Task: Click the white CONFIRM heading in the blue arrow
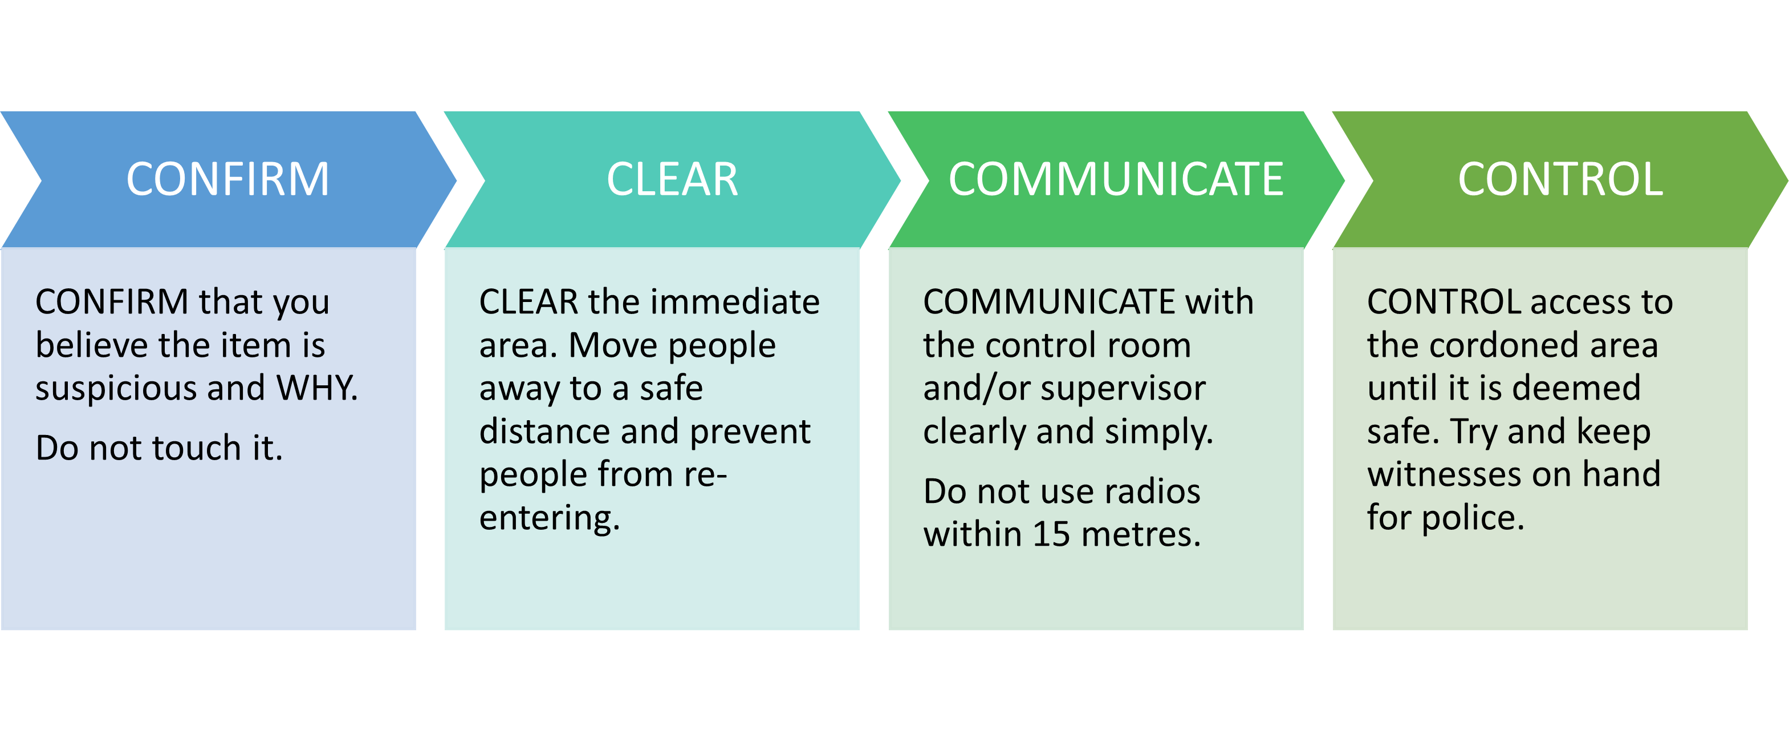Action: click(x=228, y=179)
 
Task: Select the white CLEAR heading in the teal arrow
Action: click(x=672, y=179)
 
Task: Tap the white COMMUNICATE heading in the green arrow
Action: click(x=1116, y=179)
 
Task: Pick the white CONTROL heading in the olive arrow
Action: click(x=1560, y=179)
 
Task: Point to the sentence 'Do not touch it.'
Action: click(x=159, y=448)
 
